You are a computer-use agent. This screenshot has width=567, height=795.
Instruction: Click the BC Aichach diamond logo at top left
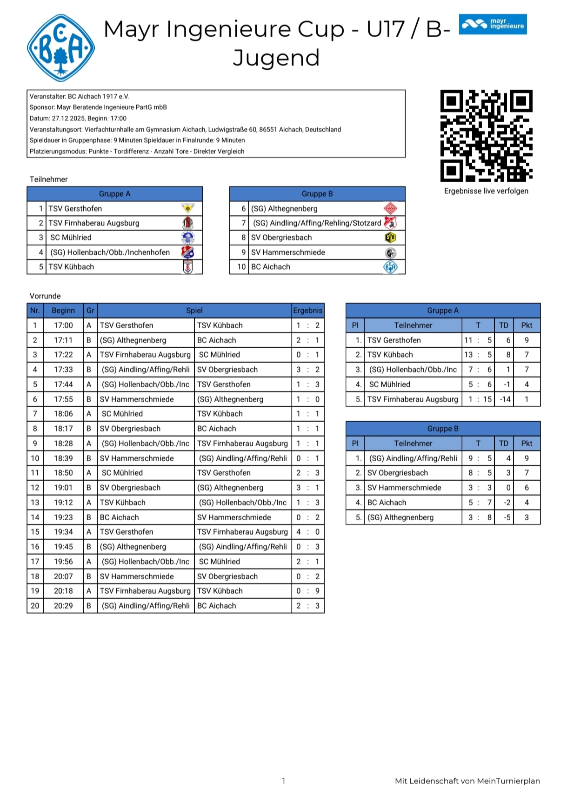pos(61,48)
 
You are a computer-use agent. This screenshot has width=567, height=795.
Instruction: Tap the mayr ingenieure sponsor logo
pos(493,24)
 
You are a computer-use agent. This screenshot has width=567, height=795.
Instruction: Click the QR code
pos(486,135)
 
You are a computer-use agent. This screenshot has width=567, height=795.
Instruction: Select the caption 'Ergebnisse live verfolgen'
pos(486,191)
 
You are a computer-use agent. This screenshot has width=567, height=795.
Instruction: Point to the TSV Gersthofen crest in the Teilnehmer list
pos(187,208)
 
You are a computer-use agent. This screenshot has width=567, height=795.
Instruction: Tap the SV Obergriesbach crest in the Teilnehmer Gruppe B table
pos(390,238)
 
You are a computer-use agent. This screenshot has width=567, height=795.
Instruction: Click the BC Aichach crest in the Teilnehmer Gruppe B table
pos(390,267)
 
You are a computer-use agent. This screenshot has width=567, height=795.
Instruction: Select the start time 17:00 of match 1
pos(63,325)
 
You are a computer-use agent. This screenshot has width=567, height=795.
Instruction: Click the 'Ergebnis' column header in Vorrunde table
pos(307,311)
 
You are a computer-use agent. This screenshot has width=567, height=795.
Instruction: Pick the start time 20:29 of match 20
pos(63,606)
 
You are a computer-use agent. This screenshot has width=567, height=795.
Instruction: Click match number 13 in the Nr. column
pos(35,503)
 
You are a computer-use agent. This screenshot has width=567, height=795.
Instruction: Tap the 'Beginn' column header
pos(63,311)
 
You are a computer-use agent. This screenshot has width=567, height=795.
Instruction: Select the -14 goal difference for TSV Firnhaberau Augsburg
pos(505,399)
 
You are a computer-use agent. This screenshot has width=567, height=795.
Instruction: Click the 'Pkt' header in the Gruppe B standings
pos(527,444)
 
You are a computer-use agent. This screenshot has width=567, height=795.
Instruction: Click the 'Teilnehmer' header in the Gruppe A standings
pos(413,325)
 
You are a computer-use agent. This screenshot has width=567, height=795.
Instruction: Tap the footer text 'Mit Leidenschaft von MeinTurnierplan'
pos(467,781)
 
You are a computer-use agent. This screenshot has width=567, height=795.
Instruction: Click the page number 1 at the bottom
pos(283,781)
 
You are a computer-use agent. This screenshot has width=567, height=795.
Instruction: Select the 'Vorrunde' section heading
pos(45,296)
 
